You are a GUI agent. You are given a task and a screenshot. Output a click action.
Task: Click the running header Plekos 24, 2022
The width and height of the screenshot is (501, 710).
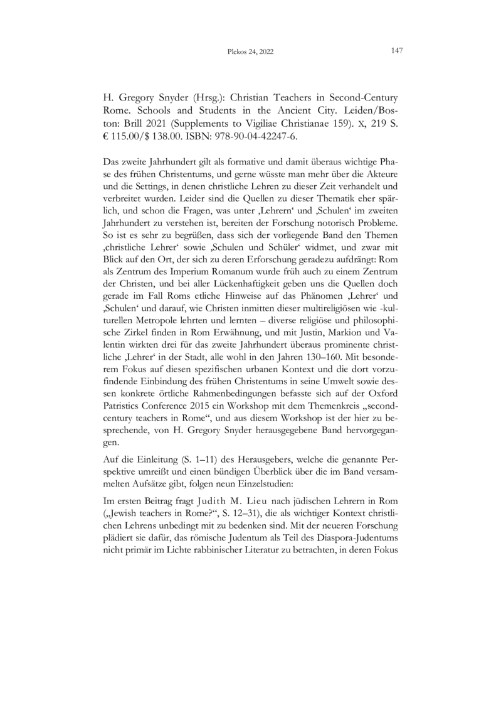250,53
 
